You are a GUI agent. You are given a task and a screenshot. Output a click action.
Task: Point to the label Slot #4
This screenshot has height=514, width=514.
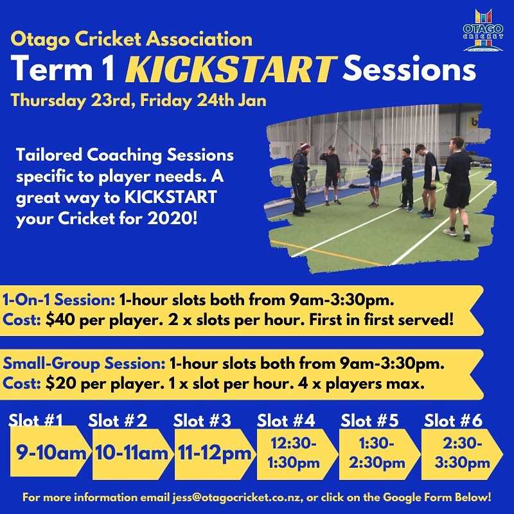point(286,421)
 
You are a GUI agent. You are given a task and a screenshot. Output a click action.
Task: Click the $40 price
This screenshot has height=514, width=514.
point(58,319)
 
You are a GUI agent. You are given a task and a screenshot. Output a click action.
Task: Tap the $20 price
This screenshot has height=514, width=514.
point(58,382)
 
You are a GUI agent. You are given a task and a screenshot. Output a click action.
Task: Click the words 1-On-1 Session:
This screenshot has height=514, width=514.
point(59,300)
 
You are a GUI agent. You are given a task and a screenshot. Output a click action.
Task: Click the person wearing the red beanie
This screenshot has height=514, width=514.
point(299,177)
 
